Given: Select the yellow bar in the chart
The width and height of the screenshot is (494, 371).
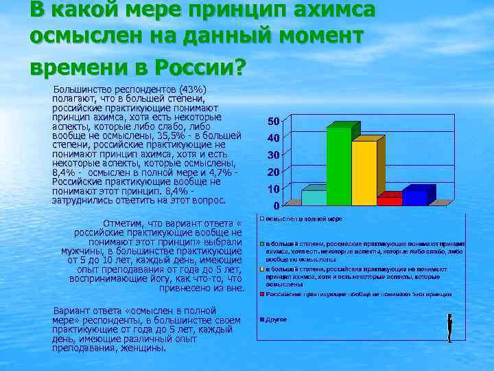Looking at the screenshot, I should pos(364,172).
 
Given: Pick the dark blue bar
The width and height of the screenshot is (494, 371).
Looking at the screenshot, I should pos(414,198).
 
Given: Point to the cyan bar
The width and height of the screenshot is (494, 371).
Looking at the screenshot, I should pos(314,198).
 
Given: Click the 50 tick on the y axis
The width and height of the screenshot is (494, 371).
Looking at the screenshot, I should pos(272,122).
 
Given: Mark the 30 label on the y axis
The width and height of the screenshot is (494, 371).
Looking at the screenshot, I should pos(272,155).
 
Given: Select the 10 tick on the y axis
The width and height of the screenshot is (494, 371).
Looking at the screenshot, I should pos(272,189).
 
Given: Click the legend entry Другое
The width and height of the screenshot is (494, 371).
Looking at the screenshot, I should pos(277,319).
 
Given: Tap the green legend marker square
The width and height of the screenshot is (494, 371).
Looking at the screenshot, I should pos(262,244).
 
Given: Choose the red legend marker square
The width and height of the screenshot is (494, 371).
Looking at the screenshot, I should pos(262,293).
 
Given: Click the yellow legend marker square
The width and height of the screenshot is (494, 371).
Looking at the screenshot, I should pos(262,269).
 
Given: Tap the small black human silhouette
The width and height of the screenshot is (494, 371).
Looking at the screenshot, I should pos(449,328).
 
